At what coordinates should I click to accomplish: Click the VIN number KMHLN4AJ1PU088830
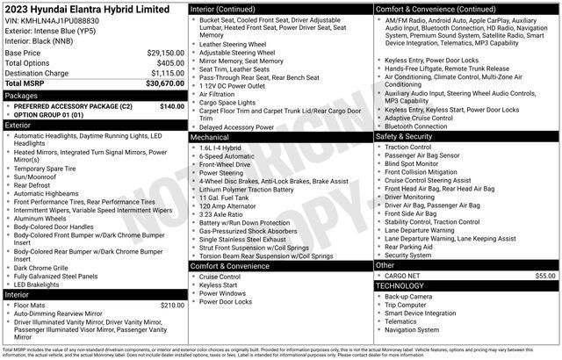click(60, 19)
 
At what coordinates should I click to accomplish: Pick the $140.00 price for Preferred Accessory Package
click(172, 105)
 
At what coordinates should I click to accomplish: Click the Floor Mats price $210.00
click(172, 305)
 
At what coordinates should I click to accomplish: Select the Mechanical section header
click(210, 137)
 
